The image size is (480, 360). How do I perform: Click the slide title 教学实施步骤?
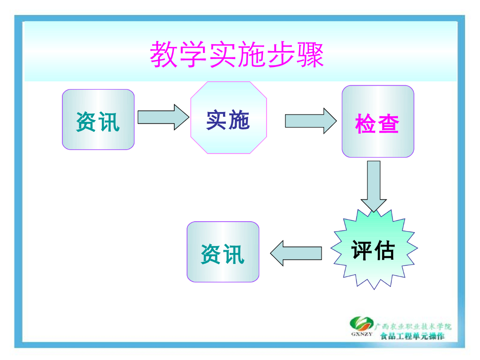tap(237, 54)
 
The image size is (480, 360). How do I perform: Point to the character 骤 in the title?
tap(310, 54)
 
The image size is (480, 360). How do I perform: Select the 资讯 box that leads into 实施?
tap(98, 120)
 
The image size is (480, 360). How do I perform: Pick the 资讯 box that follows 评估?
tap(223, 252)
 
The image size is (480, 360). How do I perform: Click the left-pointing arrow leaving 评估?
tap(295, 253)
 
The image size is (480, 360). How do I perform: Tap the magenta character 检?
tap(366, 124)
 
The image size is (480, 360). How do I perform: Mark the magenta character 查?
tap(389, 124)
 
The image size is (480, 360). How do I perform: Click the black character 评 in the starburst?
tap(362, 250)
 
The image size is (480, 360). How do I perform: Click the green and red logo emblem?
tap(361, 324)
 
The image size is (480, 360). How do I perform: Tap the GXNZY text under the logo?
tap(361, 335)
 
